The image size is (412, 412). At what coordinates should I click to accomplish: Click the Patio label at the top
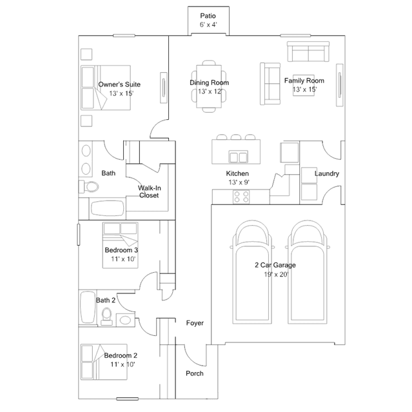(208, 15)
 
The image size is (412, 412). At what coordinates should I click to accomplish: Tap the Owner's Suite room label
(119, 84)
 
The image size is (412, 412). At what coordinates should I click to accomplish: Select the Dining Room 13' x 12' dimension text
(210, 92)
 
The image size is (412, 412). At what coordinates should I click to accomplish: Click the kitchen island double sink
(239, 157)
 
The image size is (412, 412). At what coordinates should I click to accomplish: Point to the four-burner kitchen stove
(241, 197)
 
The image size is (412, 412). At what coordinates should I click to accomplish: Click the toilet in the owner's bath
(89, 186)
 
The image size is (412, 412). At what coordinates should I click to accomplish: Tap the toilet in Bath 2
(106, 317)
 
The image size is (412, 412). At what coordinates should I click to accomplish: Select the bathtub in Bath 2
(88, 307)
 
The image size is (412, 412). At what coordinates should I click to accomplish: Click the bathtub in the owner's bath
(107, 209)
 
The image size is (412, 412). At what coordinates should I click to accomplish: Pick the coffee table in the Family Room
(304, 85)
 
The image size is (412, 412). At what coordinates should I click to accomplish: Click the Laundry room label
(327, 173)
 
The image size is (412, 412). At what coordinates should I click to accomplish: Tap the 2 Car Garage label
(275, 265)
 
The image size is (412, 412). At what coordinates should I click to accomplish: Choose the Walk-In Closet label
(149, 191)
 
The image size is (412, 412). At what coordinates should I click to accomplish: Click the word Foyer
(195, 323)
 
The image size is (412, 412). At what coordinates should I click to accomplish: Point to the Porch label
(195, 373)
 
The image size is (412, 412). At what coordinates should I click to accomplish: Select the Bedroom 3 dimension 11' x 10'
(123, 259)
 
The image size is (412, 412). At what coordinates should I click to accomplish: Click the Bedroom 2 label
(121, 355)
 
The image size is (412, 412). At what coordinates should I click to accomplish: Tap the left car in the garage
(252, 272)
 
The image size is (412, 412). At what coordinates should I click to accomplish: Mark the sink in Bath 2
(125, 320)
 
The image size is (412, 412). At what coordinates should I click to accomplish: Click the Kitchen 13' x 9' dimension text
(239, 182)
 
